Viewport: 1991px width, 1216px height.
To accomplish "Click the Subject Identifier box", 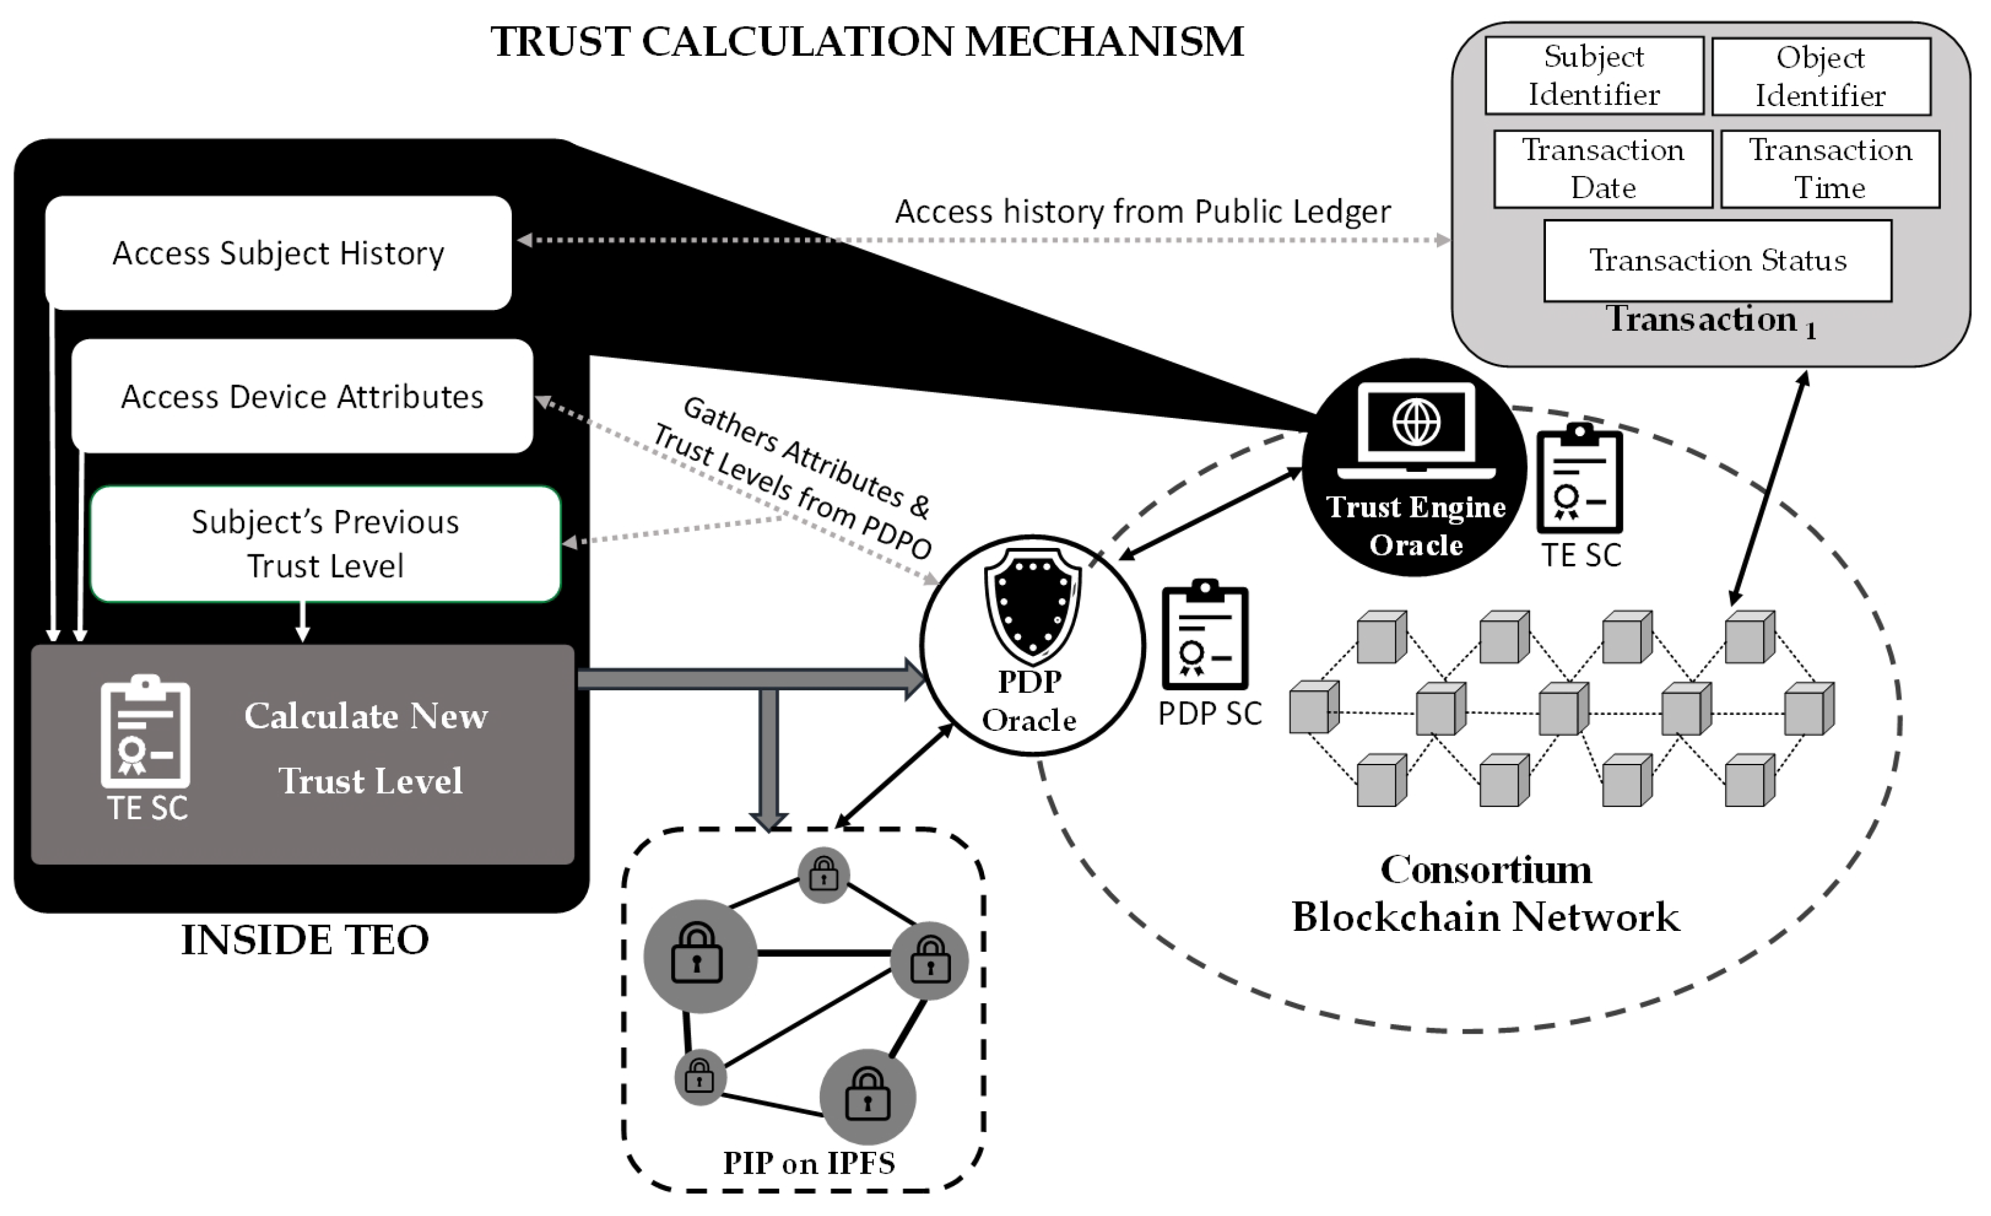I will (x=1594, y=75).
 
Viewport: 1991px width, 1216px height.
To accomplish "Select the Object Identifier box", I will (x=1820, y=77).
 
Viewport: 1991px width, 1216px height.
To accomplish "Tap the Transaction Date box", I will (x=1602, y=169).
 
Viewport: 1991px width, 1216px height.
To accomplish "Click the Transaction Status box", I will (x=1717, y=260).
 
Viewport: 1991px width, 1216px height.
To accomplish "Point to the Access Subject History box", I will (x=278, y=253).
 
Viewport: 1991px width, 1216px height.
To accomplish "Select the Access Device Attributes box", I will (x=302, y=396).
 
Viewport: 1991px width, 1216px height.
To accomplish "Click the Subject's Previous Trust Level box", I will (x=325, y=544).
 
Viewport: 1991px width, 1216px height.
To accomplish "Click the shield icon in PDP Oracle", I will (x=1032, y=606).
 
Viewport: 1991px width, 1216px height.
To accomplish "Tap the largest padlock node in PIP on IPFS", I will (x=700, y=956).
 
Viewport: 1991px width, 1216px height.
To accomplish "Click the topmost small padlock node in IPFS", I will (x=823, y=874).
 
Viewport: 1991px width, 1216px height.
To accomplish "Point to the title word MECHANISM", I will (x=1104, y=42).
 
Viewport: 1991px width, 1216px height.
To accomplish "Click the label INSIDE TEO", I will (x=305, y=940).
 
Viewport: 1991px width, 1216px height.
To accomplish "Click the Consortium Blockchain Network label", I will (x=1485, y=893).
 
